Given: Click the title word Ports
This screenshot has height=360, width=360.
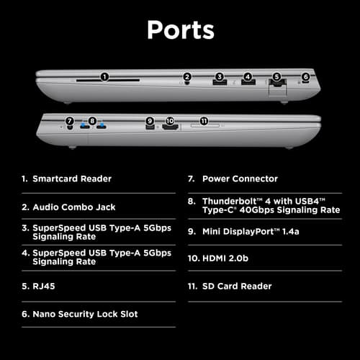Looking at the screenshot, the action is click(x=181, y=30).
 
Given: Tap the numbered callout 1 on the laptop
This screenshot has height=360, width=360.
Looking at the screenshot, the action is click(x=104, y=77).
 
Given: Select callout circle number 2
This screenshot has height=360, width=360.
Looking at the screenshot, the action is click(x=187, y=77).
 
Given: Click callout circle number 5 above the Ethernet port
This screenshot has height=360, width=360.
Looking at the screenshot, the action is click(x=276, y=77).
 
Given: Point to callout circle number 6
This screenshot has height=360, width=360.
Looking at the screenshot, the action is click(x=305, y=77).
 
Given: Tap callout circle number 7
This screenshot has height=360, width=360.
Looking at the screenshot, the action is click(x=70, y=121).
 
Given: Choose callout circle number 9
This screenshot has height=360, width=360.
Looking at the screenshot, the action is click(x=150, y=121).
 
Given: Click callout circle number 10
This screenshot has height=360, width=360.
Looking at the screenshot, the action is click(x=170, y=121).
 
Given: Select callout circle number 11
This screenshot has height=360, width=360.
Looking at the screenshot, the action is click(x=204, y=121).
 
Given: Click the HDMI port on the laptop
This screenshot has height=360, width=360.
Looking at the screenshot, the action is click(x=170, y=127).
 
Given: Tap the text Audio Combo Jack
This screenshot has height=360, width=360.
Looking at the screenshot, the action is click(x=74, y=207).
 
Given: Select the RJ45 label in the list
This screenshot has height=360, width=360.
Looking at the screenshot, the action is click(x=44, y=286).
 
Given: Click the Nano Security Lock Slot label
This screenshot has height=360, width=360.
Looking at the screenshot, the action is click(x=85, y=314).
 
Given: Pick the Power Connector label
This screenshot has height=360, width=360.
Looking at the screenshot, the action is click(x=240, y=179).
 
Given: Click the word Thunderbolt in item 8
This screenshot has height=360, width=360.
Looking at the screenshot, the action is click(x=230, y=201).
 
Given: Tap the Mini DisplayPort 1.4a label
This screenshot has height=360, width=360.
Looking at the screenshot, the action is click(x=251, y=232).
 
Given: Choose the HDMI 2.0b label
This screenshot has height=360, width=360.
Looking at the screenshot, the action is click(x=225, y=258).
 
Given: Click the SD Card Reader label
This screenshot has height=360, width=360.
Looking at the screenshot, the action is click(x=237, y=286).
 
